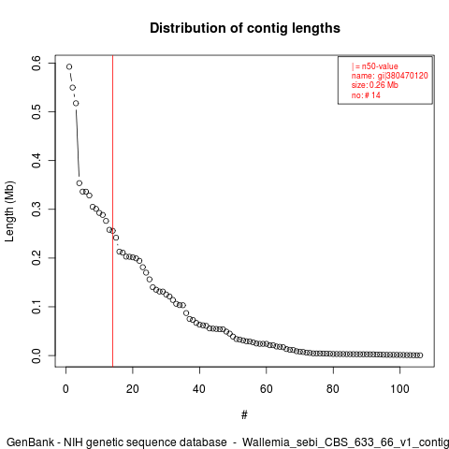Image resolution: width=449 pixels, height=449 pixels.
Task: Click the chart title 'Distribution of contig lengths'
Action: (x=245, y=28)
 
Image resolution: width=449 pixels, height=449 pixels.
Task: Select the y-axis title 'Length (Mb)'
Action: (x=9, y=211)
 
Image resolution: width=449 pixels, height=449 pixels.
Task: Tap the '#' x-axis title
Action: (x=244, y=415)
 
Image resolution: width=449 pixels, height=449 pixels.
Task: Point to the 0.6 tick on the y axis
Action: (x=36, y=63)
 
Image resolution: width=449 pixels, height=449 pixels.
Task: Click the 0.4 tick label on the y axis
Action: (x=36, y=160)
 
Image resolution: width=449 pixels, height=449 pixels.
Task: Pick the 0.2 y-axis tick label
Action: (x=36, y=258)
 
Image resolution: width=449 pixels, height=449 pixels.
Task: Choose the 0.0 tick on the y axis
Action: (x=36, y=355)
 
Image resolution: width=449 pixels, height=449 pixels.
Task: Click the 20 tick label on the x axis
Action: (x=133, y=389)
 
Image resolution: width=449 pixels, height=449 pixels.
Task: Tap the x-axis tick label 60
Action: (x=267, y=389)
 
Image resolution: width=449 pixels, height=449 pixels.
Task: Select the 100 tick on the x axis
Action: (x=399, y=389)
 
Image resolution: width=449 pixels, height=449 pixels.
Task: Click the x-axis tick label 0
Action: (x=65, y=389)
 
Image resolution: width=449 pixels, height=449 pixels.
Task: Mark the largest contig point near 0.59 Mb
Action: (x=69, y=66)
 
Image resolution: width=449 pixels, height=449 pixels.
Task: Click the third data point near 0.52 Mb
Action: (x=76, y=103)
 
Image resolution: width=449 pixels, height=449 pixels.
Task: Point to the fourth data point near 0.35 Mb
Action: (x=80, y=183)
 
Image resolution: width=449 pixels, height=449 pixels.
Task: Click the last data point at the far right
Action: (x=420, y=355)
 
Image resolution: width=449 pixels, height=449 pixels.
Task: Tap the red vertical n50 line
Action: (x=112, y=211)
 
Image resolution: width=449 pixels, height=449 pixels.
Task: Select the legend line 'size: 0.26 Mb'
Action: (x=375, y=85)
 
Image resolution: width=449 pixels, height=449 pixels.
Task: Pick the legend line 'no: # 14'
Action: (x=366, y=94)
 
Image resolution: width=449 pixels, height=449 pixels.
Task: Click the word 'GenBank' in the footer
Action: (x=30, y=442)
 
